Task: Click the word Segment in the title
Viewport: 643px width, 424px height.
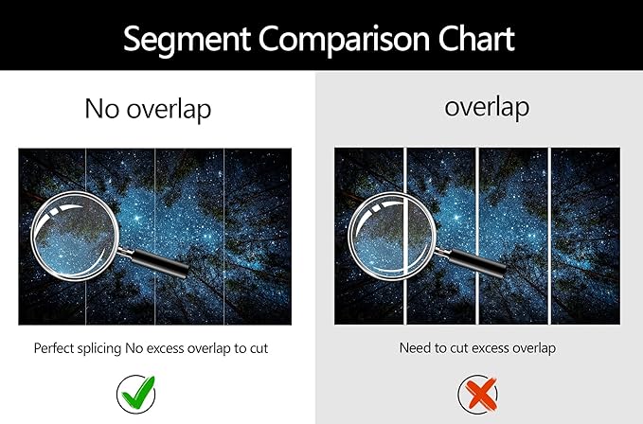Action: pos(187,40)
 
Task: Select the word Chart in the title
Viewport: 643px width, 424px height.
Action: pos(476,39)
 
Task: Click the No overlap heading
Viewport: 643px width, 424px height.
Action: pos(148,109)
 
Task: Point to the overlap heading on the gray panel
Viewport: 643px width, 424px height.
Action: pos(487,107)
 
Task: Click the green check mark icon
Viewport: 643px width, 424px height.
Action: pos(137,394)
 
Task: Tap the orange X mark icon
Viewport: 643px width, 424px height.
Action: pos(477,394)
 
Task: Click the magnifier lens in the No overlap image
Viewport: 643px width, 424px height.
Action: pos(75,236)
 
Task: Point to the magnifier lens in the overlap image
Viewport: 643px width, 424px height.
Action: pos(392,237)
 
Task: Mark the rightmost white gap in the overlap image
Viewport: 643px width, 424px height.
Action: pos(549,236)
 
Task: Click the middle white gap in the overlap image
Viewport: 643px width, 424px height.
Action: pos(477,236)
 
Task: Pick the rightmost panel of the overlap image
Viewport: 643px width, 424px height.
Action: pos(585,236)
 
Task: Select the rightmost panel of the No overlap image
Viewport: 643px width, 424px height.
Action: pos(258,237)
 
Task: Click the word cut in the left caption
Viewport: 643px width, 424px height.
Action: pos(259,348)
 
